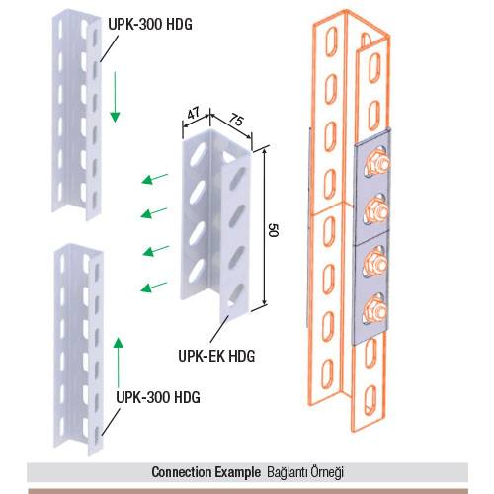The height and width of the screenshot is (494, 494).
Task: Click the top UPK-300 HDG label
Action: (x=150, y=24)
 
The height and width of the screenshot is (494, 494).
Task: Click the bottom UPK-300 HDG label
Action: (x=158, y=397)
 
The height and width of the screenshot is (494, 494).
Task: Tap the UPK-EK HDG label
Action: (x=216, y=356)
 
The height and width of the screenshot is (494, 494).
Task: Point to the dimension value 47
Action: (x=194, y=114)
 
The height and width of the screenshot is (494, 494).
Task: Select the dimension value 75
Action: (x=236, y=120)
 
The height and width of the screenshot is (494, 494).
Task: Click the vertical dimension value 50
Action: (x=274, y=230)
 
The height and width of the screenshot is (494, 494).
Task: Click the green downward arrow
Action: (x=115, y=97)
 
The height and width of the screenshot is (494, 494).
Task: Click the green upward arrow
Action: (x=119, y=363)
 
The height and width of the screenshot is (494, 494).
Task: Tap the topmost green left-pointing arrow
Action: (x=155, y=179)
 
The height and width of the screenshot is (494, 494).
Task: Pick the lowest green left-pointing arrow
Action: (x=153, y=287)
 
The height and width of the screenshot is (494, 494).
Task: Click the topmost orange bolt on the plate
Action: (x=376, y=161)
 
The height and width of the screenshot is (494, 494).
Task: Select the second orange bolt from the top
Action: (x=376, y=210)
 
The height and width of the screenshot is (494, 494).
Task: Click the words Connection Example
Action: (x=206, y=472)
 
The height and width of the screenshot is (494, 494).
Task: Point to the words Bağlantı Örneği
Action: (x=305, y=472)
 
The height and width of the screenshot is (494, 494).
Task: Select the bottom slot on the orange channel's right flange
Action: (x=370, y=399)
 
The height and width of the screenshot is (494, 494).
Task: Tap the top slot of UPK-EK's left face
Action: (x=198, y=153)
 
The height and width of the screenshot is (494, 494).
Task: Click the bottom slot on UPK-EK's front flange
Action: (x=235, y=294)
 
